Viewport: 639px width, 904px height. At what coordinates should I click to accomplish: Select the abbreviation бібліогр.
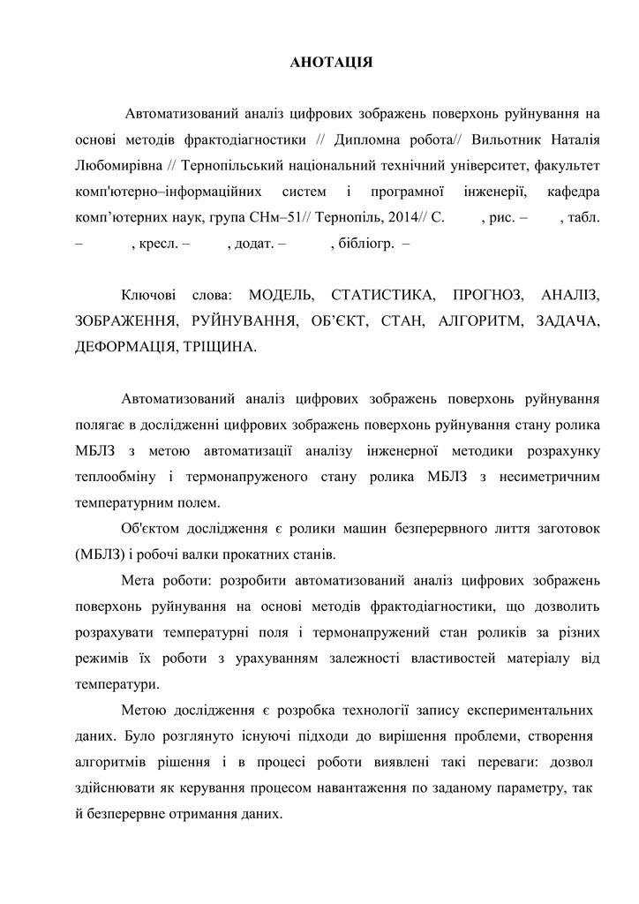(366, 243)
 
